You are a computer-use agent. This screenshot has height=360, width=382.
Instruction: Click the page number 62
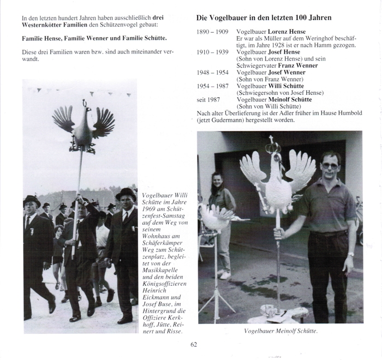(194, 344)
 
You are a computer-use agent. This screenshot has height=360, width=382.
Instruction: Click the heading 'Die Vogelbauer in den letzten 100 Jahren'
(264, 18)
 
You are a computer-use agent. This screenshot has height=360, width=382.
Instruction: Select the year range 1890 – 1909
(212, 32)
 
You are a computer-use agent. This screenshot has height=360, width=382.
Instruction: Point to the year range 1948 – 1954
(212, 72)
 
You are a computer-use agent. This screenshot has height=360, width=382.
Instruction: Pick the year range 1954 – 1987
(212, 86)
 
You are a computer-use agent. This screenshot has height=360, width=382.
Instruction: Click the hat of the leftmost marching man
(31, 201)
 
